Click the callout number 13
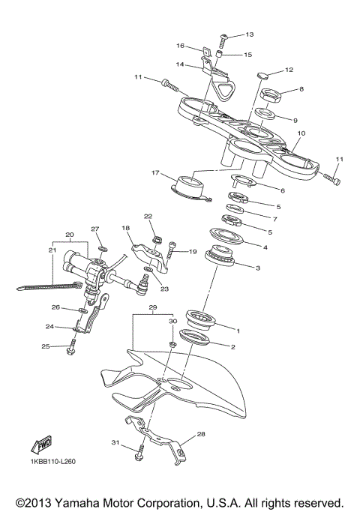pos(250,34)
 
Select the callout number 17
pos(155,173)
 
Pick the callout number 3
pos(258,268)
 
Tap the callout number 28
pos(200,434)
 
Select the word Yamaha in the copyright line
pos(79,501)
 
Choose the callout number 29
pos(153,308)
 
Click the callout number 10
pos(301,133)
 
